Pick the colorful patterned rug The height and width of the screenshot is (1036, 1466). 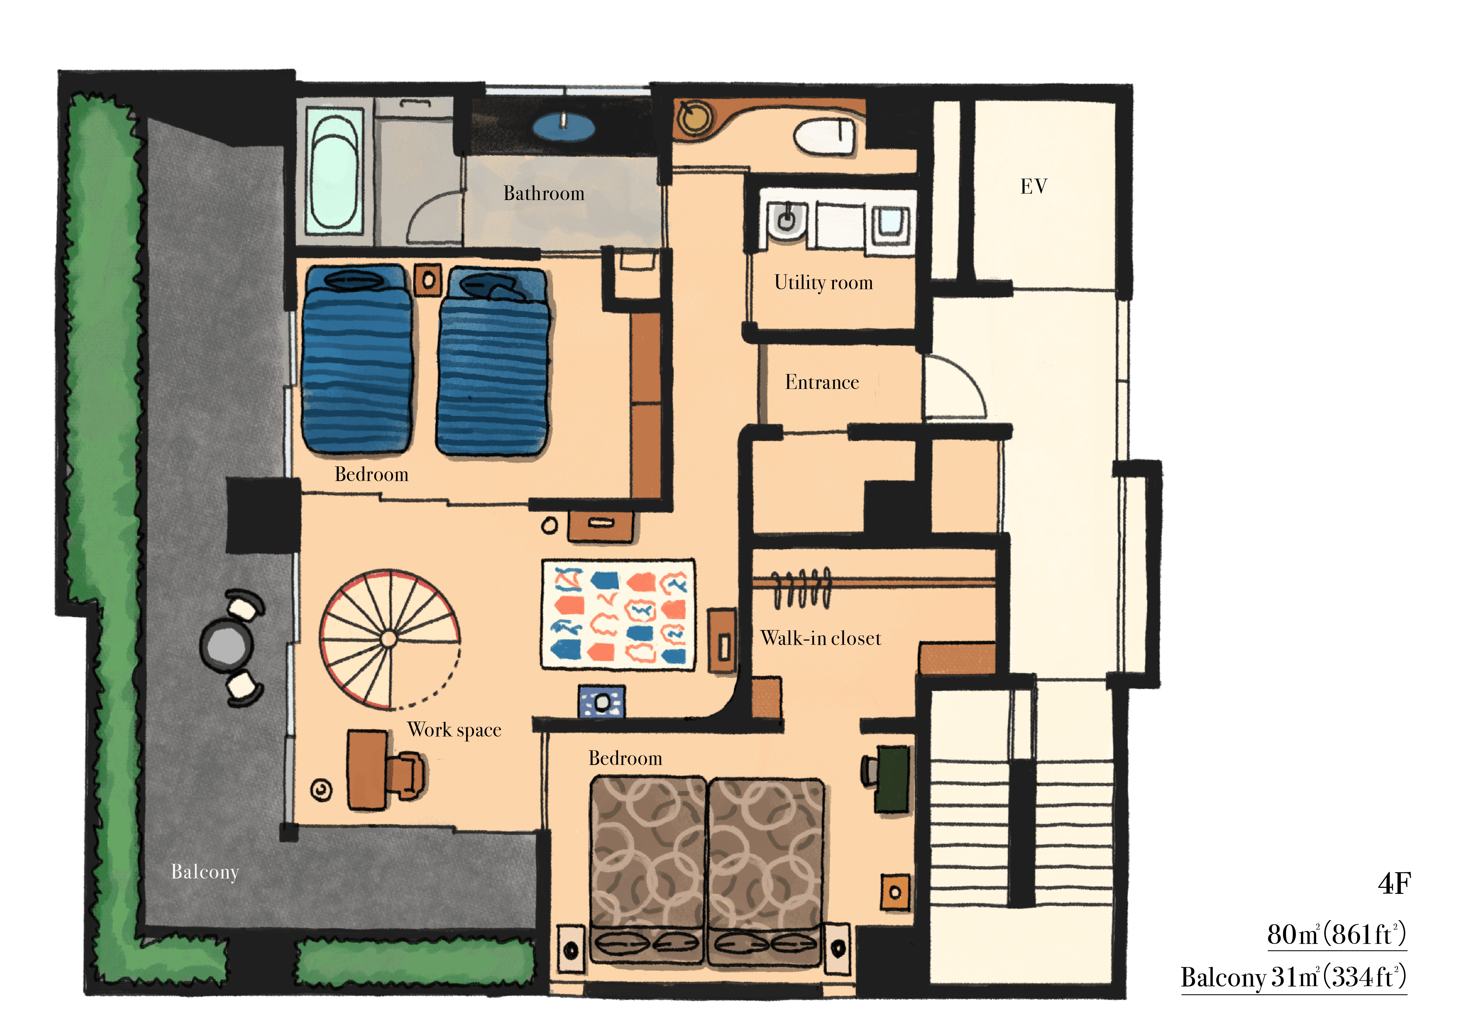point(618,615)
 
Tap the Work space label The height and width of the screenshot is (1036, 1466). point(454,729)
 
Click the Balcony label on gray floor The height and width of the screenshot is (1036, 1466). point(205,872)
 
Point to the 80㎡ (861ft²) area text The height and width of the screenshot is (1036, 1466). point(1336,935)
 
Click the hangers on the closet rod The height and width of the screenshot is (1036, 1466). point(802,587)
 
